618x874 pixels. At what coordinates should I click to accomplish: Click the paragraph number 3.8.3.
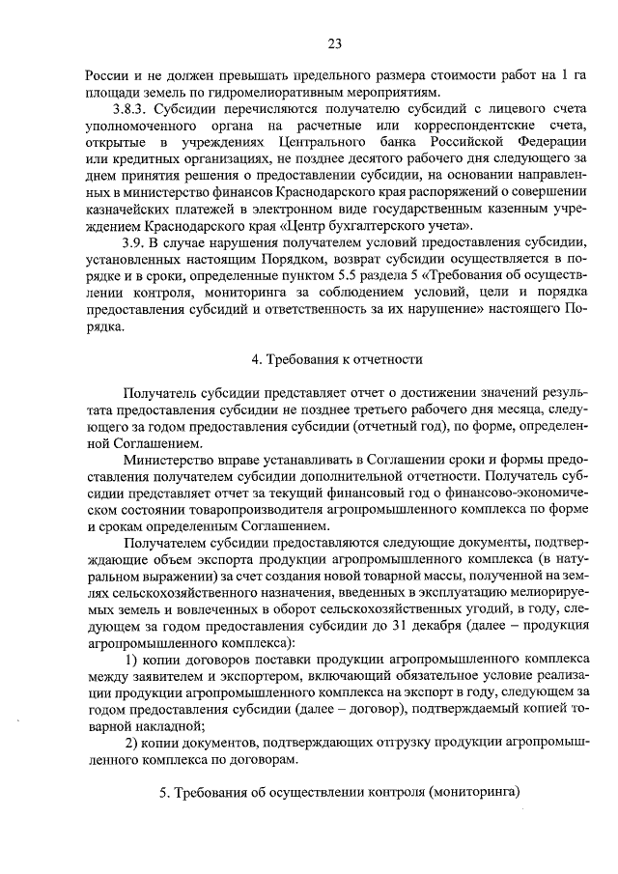click(133, 111)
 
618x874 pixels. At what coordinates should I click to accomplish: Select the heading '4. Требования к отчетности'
click(337, 359)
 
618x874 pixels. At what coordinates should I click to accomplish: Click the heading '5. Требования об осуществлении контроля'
click(339, 793)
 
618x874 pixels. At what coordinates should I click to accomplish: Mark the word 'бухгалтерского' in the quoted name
click(366, 225)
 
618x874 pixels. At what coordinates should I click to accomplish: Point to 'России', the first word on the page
click(105, 75)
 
